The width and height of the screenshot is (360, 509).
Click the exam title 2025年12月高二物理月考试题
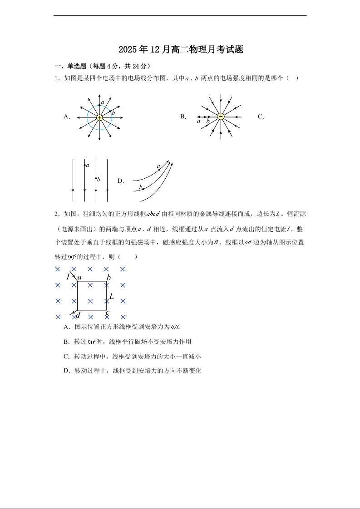[181, 50]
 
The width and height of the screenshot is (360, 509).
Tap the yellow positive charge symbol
[99, 117]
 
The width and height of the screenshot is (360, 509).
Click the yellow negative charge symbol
[221, 117]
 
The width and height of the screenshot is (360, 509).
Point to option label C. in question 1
[261, 117]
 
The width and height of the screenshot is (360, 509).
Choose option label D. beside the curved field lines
[121, 181]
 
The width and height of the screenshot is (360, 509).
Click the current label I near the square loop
[68, 276]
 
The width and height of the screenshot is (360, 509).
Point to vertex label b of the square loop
[108, 278]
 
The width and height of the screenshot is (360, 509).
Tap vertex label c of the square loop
[107, 312]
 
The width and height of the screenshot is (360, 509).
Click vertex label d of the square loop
[78, 314]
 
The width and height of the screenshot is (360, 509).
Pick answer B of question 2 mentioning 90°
[128, 342]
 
